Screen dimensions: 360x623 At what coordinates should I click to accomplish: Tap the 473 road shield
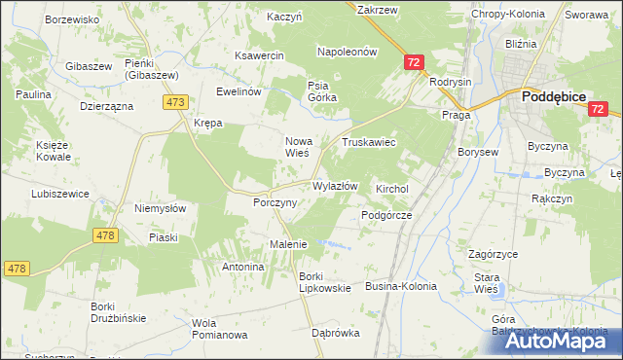click(176, 102)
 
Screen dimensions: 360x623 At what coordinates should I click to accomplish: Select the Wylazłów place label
click(335, 186)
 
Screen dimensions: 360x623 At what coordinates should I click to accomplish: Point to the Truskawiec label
click(368, 142)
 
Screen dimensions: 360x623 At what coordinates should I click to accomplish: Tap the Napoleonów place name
click(347, 52)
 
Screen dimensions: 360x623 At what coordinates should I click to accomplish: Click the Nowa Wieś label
click(296, 146)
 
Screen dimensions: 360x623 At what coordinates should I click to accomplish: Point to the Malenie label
click(288, 244)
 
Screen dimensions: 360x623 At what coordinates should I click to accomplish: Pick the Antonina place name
click(243, 267)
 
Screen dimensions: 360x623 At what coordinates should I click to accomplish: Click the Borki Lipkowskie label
click(317, 282)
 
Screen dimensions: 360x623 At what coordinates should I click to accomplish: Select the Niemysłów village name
click(160, 207)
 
